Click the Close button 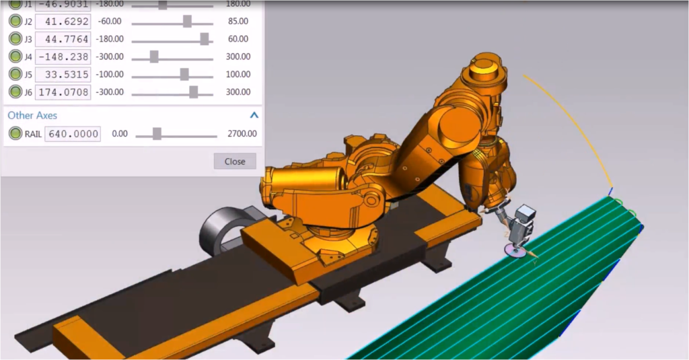pos(235,161)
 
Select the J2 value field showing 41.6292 pos(63,22)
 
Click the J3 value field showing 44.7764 pos(63,39)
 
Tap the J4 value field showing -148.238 pos(63,57)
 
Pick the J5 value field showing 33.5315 pos(63,74)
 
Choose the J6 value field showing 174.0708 pos(63,92)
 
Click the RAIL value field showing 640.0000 pos(72,134)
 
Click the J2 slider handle pos(187,22)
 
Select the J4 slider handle pos(154,57)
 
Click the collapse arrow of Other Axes pos(254,115)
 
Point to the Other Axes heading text pos(32,115)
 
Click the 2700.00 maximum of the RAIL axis pos(242,134)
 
